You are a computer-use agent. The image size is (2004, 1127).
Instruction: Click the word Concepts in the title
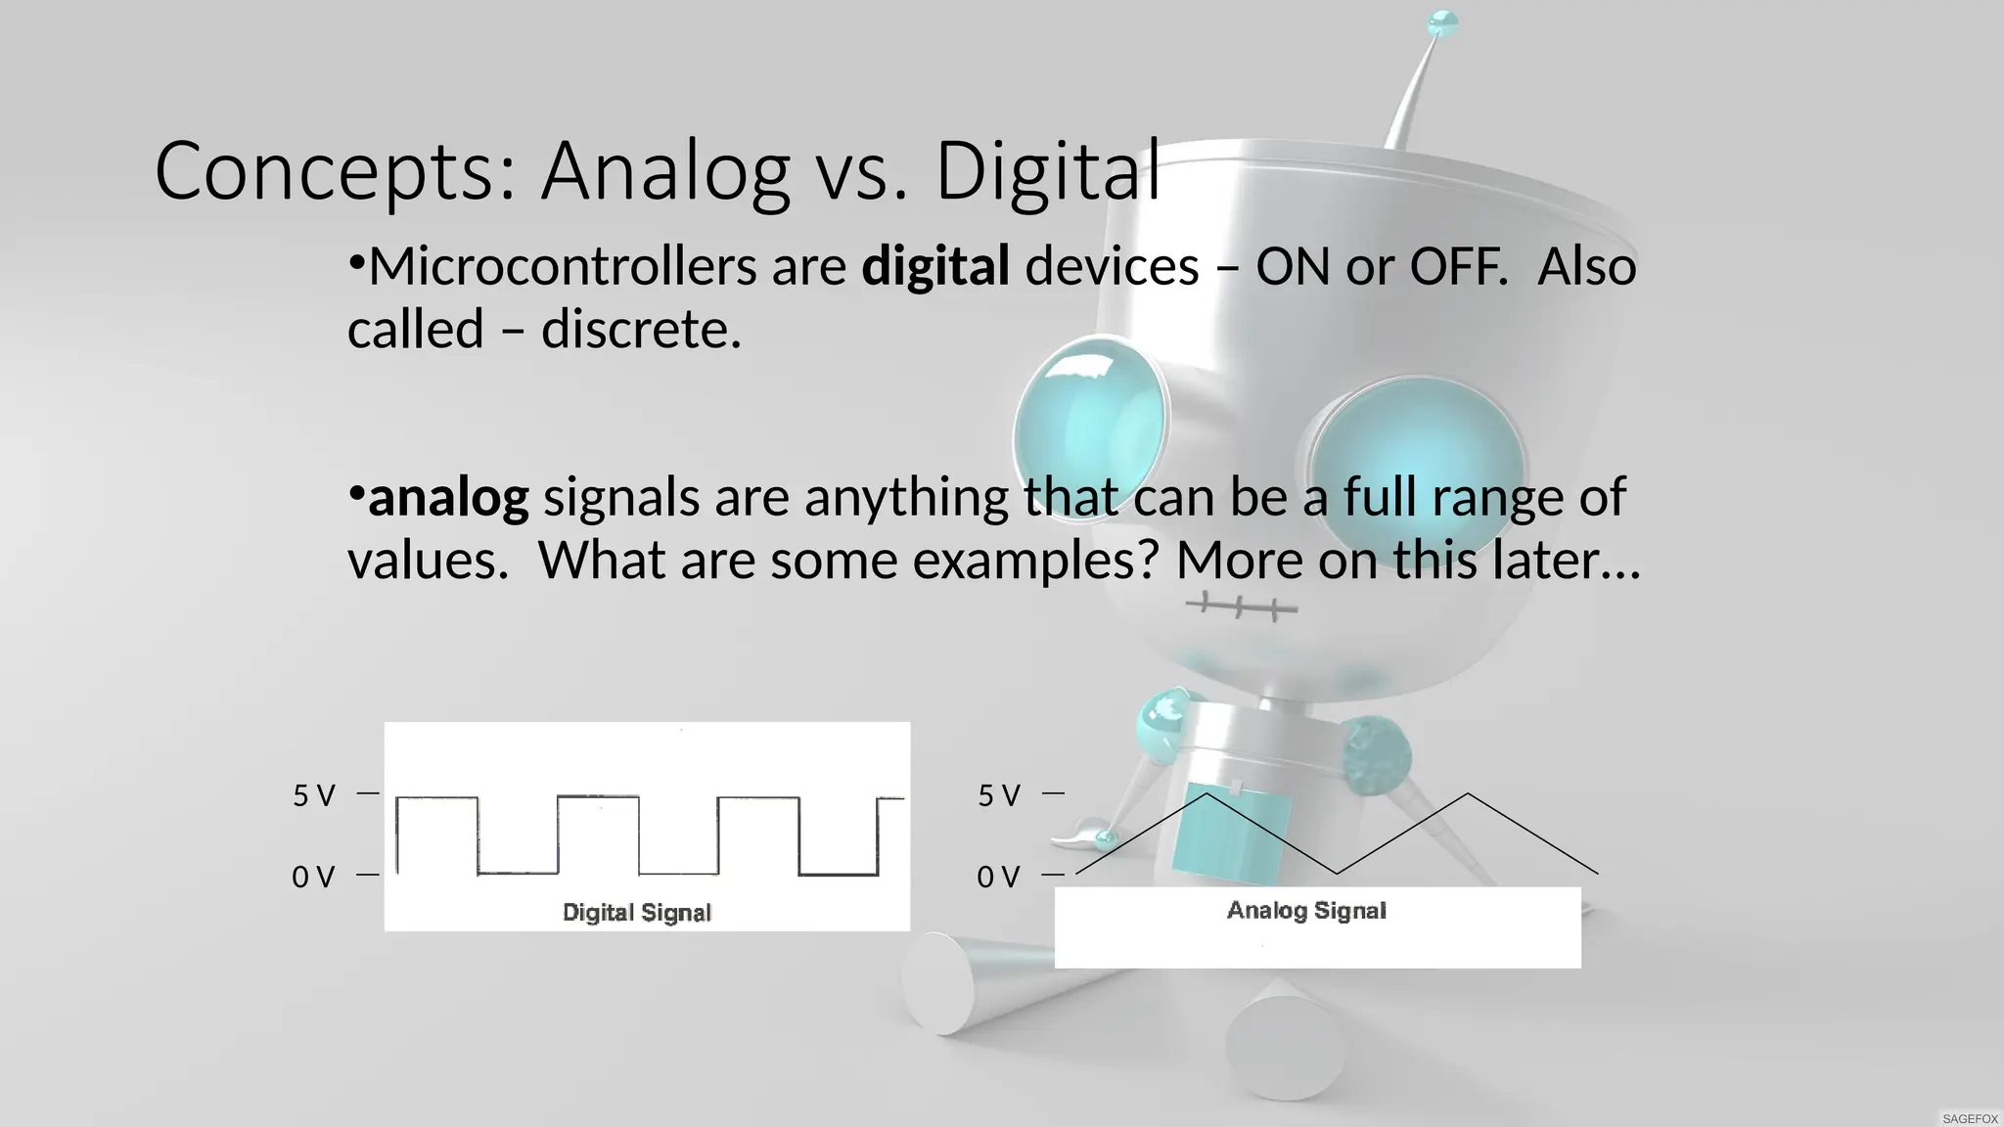tap(333, 172)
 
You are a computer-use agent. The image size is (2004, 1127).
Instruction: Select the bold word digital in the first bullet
tap(934, 266)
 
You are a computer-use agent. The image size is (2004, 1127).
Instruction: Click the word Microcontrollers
tap(562, 266)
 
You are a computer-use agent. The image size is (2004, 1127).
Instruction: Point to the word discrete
tap(640, 329)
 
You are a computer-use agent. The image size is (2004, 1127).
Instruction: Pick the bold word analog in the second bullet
tap(447, 497)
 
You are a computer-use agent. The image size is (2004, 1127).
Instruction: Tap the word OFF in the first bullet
tap(1456, 266)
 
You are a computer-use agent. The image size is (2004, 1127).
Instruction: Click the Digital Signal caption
tap(636, 912)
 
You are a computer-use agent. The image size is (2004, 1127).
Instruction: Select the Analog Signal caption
tap(1306, 911)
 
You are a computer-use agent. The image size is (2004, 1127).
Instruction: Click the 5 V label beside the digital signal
tap(314, 795)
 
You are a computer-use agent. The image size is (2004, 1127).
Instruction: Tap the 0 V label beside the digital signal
tap(313, 877)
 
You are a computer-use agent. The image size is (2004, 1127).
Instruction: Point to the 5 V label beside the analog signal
tap(999, 795)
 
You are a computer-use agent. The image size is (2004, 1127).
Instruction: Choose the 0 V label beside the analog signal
tap(998, 877)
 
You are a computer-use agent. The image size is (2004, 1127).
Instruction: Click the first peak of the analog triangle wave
tap(1207, 794)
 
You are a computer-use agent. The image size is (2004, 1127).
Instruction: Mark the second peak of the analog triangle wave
tap(1467, 794)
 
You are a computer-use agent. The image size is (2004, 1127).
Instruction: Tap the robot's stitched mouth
tap(1241, 608)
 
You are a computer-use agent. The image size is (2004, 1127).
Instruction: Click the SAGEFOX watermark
tap(1970, 1118)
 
